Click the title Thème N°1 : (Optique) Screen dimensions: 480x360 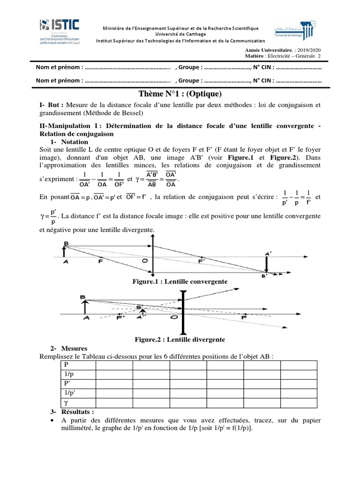[x=180, y=94]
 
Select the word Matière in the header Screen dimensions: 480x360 [x=255, y=56]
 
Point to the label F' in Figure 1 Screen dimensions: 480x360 [x=201, y=262]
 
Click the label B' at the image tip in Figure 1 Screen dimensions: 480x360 [x=263, y=277]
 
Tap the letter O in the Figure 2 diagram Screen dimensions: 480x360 [x=174, y=318]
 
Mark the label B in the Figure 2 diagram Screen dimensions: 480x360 [x=82, y=297]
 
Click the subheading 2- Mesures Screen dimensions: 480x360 [x=68, y=349]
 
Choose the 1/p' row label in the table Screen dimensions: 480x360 [x=68, y=393]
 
